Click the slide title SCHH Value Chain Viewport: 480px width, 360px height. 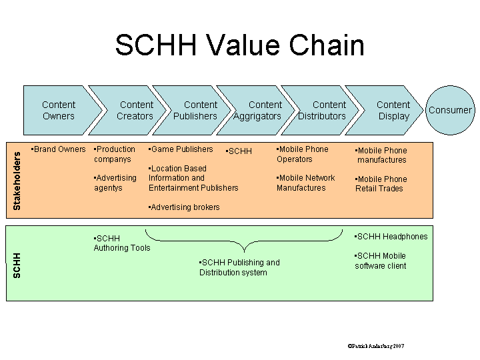tap(239, 45)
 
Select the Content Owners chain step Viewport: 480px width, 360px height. tap(59, 110)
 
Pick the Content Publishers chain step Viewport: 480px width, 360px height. tap(196, 110)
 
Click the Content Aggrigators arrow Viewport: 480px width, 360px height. tap(259, 110)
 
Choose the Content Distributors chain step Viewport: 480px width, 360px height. tap(323, 110)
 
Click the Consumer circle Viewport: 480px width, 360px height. tap(449, 110)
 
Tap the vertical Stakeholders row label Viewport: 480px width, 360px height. tap(17, 181)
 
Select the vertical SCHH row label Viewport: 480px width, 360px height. tap(17, 265)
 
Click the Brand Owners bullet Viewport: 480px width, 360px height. tap(59, 149)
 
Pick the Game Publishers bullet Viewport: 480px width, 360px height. tap(181, 149)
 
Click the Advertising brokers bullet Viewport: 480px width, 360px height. tap(184, 207)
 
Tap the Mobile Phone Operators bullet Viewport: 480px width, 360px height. tap(302, 154)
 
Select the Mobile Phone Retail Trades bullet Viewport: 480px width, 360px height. tap(381, 184)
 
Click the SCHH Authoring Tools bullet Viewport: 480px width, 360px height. tap(121, 243)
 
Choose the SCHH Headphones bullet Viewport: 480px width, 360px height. tap(391, 237)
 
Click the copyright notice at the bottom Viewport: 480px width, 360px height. tap(375, 346)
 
